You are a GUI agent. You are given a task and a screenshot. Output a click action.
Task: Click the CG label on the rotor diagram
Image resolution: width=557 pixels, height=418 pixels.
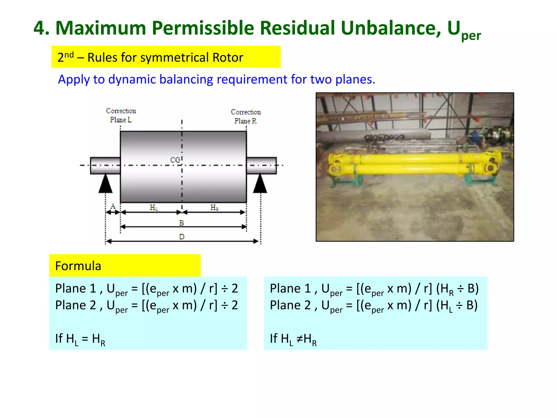(175, 160)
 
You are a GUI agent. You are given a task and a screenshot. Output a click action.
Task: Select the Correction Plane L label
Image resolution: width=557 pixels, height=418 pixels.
(121, 115)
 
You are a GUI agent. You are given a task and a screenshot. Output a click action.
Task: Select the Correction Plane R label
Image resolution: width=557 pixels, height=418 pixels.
(246, 116)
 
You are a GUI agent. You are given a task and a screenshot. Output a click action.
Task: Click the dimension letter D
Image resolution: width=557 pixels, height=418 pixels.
(182, 237)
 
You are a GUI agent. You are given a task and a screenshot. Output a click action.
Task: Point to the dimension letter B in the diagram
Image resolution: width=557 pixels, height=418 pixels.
(181, 223)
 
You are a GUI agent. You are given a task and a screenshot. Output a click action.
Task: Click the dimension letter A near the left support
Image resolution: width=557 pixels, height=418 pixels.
(113, 207)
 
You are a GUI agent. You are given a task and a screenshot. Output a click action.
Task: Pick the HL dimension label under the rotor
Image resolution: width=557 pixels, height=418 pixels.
(154, 208)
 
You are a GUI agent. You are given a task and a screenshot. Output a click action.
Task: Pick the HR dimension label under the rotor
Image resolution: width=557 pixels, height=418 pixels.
(214, 208)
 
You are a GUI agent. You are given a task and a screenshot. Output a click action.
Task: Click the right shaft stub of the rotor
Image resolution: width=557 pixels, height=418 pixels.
(261, 165)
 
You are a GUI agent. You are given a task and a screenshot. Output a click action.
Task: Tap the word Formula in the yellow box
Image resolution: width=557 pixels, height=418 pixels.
(78, 266)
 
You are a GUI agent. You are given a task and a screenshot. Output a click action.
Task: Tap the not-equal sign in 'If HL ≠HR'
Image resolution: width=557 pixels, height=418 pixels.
(299, 339)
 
